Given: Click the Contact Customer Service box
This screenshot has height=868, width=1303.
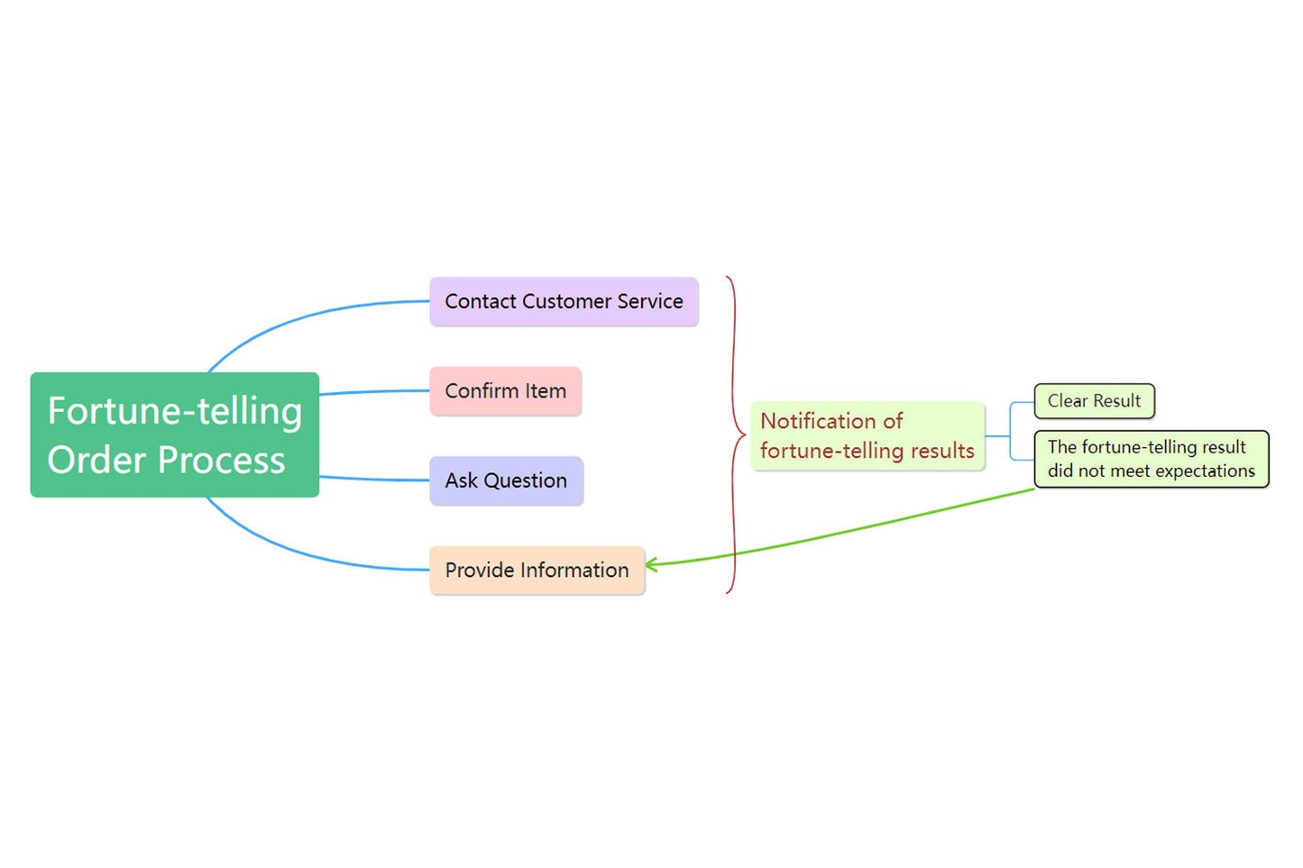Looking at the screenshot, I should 564,302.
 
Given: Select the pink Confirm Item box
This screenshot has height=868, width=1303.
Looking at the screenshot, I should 505,391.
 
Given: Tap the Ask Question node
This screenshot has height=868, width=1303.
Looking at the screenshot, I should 506,480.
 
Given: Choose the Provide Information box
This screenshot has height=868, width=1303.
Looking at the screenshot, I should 537,571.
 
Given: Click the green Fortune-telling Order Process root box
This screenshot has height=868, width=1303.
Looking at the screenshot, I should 174,434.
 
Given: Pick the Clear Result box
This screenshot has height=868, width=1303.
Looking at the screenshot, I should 1094,401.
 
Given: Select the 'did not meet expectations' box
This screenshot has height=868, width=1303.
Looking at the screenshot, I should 1151,459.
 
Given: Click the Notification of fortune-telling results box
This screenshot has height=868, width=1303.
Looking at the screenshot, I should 867,436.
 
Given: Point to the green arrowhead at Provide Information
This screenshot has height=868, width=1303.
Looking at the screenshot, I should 651,565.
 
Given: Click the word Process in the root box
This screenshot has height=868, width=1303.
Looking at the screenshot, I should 222,461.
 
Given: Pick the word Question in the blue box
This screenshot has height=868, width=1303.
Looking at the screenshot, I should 525,481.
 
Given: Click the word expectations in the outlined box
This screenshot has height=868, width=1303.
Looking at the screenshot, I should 1205,471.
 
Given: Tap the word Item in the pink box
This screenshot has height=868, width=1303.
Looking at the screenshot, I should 546,391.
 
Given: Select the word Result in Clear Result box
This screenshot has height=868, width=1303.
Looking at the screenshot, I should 1116,401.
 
